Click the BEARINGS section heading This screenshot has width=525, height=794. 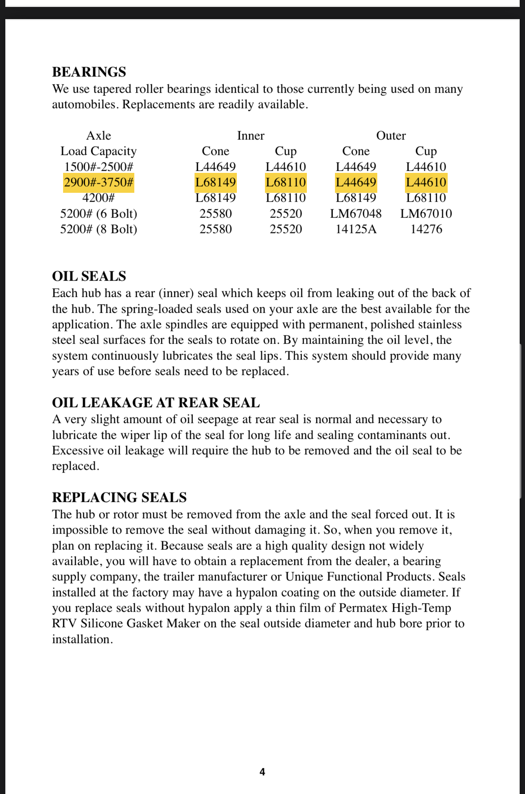(x=89, y=72)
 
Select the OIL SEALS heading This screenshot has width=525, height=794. (x=89, y=276)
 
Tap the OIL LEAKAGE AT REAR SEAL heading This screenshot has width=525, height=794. (x=156, y=403)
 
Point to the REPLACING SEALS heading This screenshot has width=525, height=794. (x=119, y=497)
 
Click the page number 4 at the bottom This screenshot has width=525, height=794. (x=262, y=772)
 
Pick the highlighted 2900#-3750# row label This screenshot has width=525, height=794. (x=98, y=182)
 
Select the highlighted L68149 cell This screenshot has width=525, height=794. (x=215, y=182)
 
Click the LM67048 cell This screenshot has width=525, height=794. (x=356, y=214)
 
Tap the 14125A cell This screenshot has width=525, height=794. (x=356, y=229)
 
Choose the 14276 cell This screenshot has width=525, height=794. (x=426, y=229)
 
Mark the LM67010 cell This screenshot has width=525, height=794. (x=426, y=214)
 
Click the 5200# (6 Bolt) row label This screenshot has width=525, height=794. (x=98, y=214)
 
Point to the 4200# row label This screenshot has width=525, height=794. (x=98, y=198)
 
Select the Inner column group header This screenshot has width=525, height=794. (x=251, y=135)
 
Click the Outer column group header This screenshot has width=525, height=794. (x=391, y=135)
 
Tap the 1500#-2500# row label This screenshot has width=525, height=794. (x=98, y=167)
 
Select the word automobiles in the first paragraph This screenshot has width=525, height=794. (x=85, y=105)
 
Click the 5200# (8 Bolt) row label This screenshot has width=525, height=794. (x=98, y=229)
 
